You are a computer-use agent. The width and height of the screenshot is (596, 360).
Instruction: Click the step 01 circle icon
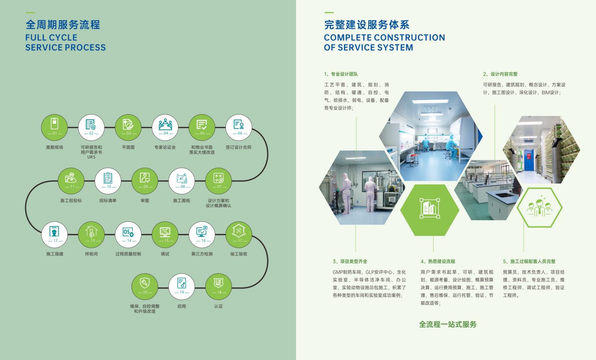click(55, 128)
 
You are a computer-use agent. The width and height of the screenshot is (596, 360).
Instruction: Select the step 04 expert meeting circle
click(165, 128)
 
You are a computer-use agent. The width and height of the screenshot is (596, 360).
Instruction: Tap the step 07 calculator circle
click(218, 181)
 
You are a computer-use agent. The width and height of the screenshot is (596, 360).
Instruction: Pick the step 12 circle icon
click(55, 235)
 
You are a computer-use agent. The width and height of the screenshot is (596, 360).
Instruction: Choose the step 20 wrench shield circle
click(145, 287)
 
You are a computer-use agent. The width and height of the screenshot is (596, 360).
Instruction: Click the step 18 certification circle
click(218, 287)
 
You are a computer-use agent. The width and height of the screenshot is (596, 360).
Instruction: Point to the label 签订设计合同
click(239, 147)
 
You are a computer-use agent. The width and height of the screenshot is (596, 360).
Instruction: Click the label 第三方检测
click(202, 254)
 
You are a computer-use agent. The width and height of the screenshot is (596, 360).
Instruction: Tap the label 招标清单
click(108, 201)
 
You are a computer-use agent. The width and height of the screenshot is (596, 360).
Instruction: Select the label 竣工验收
click(239, 254)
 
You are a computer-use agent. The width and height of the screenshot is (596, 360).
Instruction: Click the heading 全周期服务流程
click(63, 25)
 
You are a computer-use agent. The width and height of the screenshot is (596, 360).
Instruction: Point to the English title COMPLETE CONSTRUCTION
click(384, 38)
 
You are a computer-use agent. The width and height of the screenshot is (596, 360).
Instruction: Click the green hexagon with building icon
click(430, 210)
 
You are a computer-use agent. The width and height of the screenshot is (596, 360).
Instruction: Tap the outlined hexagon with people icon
click(540, 207)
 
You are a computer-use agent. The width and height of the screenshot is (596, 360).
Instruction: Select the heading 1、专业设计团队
click(341, 74)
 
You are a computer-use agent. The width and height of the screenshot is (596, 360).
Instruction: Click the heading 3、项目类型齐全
click(350, 262)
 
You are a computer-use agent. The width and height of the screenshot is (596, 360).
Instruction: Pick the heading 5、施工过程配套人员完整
click(529, 262)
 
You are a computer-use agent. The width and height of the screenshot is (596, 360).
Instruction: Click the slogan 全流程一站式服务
click(448, 324)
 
